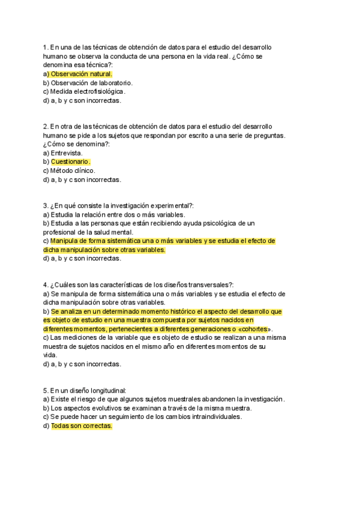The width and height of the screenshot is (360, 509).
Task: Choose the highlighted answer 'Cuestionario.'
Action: pos(70,161)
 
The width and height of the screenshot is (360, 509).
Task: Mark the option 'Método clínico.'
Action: pos(73,170)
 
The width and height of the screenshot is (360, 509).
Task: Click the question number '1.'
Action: pos(46,47)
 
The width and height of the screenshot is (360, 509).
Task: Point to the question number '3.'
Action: pos(46,205)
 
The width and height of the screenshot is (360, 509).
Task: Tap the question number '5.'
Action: pos(46,390)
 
